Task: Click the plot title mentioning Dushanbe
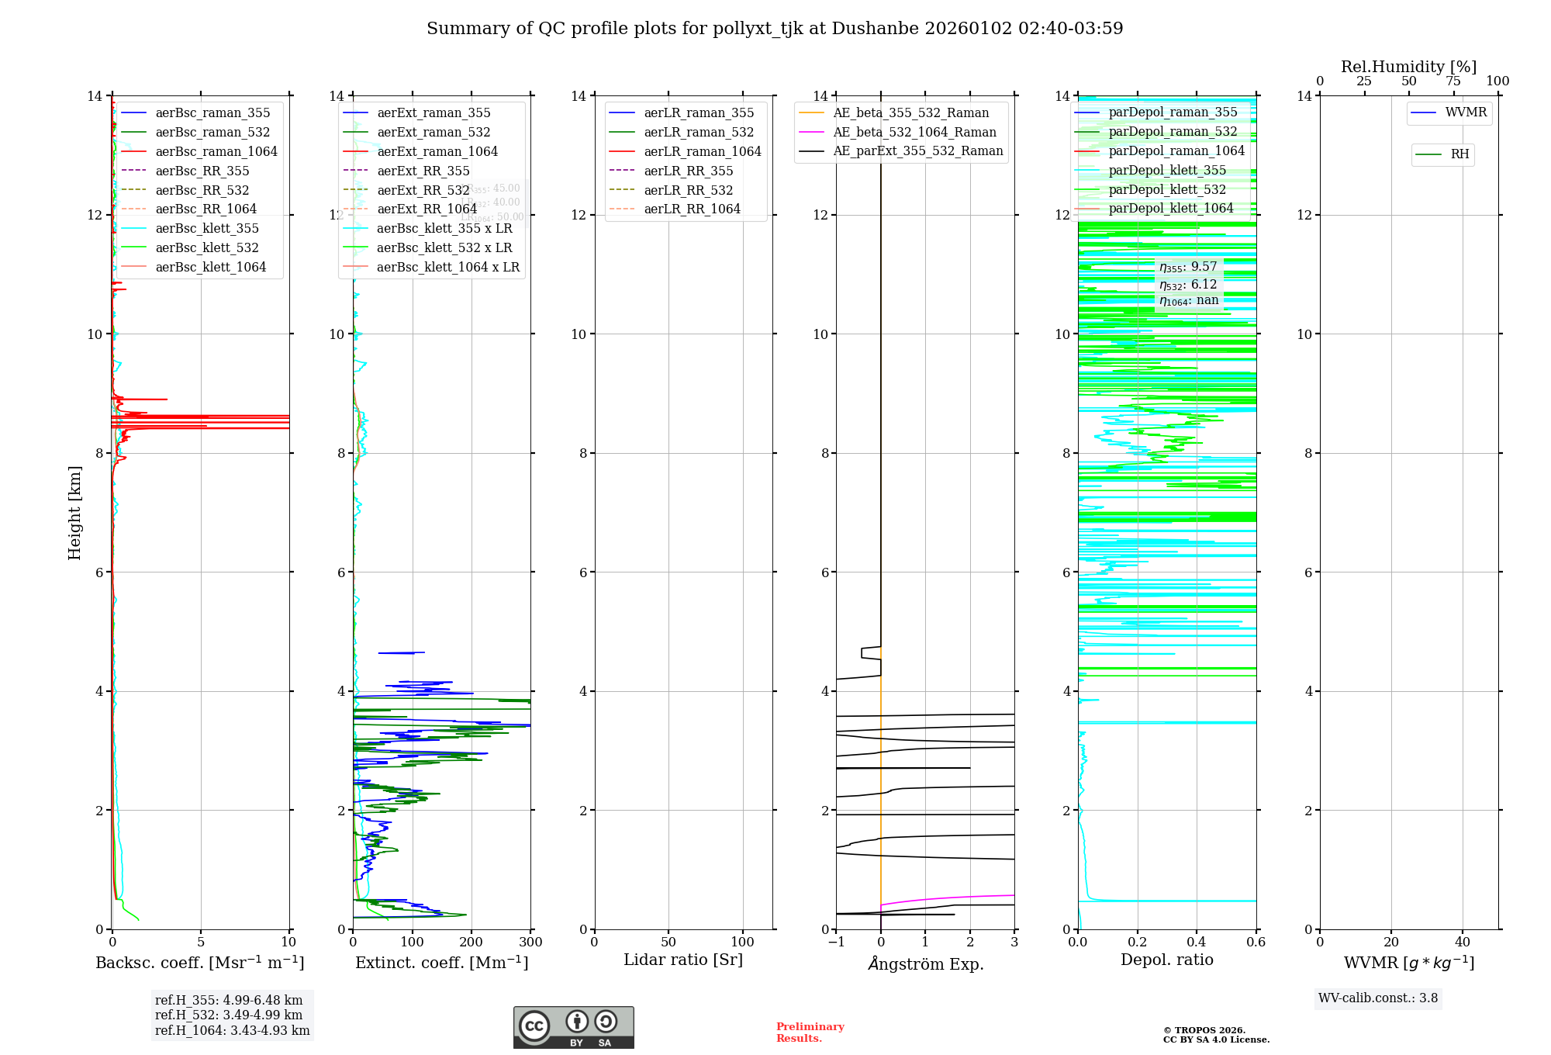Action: tap(775, 29)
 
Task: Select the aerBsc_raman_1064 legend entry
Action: tap(216, 151)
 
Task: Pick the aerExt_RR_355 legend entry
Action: tap(423, 171)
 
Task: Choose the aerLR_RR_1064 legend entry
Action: tap(692, 209)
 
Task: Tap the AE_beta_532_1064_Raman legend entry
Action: tap(914, 132)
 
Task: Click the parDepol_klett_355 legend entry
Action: tap(1167, 170)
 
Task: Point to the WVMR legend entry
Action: tap(1466, 112)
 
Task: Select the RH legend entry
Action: tap(1459, 154)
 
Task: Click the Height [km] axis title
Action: tap(74, 512)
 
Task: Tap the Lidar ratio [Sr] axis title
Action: tap(683, 960)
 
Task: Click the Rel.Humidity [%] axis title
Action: tap(1408, 67)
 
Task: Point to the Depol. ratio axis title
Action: tap(1166, 960)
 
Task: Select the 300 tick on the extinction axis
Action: tap(531, 943)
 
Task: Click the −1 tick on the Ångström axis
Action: tap(836, 943)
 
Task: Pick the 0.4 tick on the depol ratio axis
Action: tap(1197, 943)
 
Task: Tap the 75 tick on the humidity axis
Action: tap(1453, 81)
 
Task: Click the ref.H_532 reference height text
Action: tap(229, 1015)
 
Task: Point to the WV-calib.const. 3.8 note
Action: tap(1377, 998)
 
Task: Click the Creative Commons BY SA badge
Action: tap(573, 1027)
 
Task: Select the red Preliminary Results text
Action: tap(810, 1032)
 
